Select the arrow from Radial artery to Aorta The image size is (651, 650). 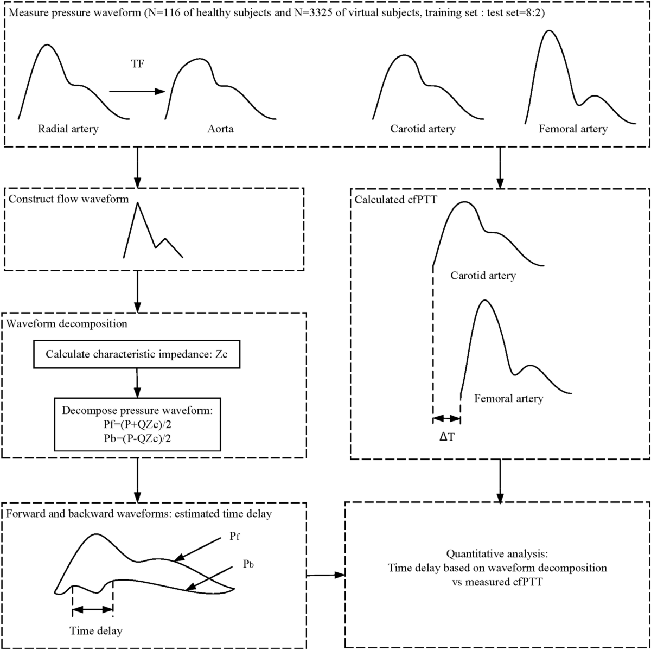click(136, 92)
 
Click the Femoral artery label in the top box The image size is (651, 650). click(573, 129)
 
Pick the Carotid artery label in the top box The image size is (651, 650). click(423, 129)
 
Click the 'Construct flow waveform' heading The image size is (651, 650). click(68, 199)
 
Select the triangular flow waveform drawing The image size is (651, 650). click(152, 231)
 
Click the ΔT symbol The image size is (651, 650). click(446, 436)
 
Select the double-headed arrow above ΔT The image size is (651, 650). click(446, 418)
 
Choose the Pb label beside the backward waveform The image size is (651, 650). click(249, 564)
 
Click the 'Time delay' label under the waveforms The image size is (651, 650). click(96, 630)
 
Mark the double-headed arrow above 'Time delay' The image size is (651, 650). click(92, 610)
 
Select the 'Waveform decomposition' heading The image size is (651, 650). click(67, 324)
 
